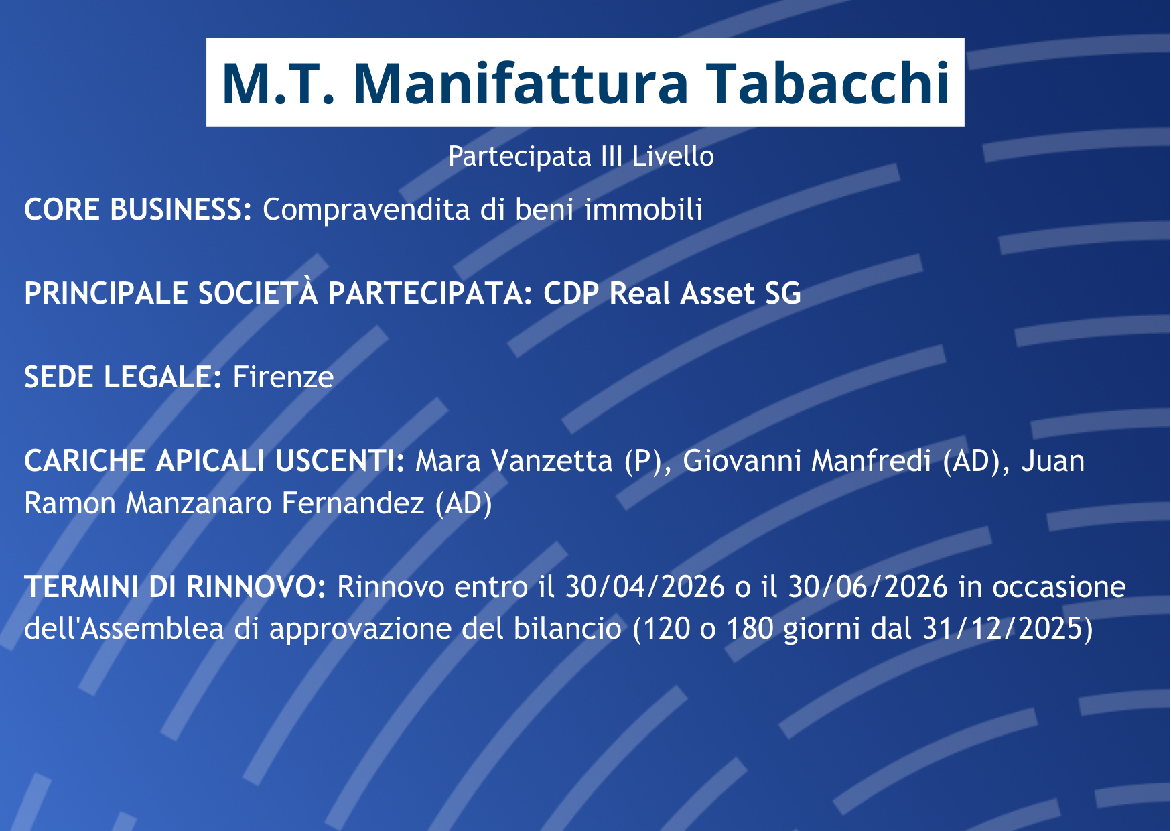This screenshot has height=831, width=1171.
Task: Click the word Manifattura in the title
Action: coord(521,83)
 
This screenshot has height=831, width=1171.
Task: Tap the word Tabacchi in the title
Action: coord(829,83)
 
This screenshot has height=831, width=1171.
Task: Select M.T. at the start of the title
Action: coord(277,83)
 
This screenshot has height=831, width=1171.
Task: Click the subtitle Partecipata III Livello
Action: coord(581,156)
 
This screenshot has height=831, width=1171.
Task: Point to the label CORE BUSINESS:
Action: coord(138,210)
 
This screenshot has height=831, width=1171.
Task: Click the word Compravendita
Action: coord(366,210)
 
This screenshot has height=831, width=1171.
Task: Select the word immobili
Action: coord(643,210)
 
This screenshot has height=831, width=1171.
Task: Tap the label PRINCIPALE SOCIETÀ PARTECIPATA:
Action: coord(278,293)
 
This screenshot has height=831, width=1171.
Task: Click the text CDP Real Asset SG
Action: coord(672,294)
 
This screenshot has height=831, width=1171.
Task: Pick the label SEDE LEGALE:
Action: coord(123,377)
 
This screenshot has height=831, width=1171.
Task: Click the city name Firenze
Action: coord(283,377)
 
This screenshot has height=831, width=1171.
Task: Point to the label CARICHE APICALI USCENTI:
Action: coord(214,461)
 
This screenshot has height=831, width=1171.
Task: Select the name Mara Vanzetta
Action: coord(514,461)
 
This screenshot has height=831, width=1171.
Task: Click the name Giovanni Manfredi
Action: coord(807,461)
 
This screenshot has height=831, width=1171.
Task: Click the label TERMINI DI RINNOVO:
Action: coord(175,587)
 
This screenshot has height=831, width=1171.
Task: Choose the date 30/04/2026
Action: coord(645,587)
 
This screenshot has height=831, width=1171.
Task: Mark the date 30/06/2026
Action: coord(868,587)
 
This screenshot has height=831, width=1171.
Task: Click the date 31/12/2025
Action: coord(1002,629)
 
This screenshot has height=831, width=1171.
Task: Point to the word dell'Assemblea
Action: coord(124,629)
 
